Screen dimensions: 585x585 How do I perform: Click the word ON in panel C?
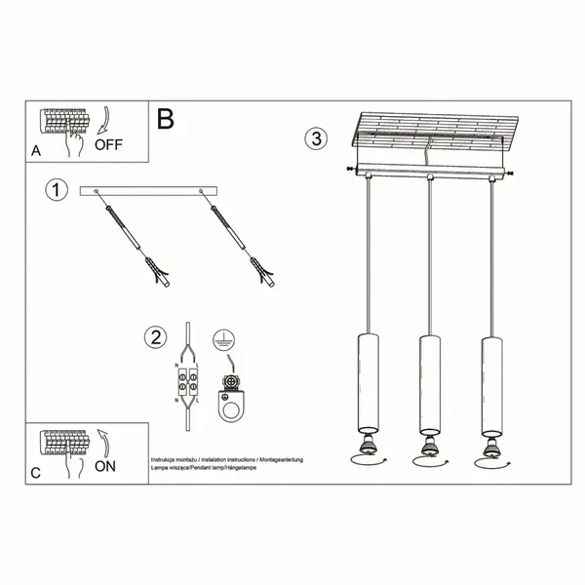pos(105,466)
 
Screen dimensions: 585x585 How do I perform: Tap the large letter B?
pos(166,119)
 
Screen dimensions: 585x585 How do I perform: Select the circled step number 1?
pos(58,190)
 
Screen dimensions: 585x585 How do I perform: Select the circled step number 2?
pos(154,338)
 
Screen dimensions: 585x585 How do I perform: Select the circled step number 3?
pos(314,137)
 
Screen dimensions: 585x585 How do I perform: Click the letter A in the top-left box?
pos(36,151)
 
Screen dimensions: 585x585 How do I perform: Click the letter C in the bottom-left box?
pos(36,473)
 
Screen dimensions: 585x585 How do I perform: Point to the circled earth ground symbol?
pos(222,341)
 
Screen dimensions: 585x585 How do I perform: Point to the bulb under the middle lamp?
pos(426,447)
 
